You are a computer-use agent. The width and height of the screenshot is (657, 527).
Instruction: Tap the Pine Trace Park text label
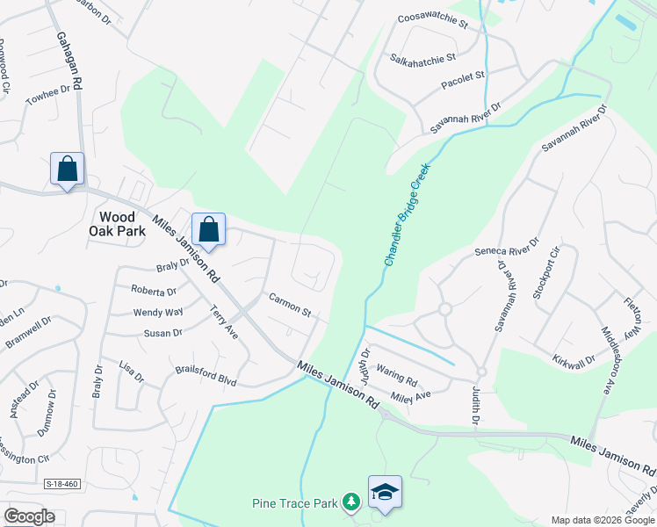coord(294,504)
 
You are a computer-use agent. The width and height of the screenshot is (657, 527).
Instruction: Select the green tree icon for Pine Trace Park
coord(351,502)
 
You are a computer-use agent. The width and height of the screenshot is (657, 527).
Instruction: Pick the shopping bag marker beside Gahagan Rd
coord(68,168)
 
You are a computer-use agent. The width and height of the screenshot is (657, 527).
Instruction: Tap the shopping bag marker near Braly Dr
coord(209,230)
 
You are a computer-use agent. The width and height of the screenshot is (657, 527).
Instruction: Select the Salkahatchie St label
coord(423,59)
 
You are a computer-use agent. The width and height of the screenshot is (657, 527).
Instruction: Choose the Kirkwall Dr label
coord(574,360)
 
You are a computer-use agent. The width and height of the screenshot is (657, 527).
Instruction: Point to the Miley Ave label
coord(411,396)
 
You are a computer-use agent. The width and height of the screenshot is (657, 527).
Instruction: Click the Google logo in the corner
coord(30,516)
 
